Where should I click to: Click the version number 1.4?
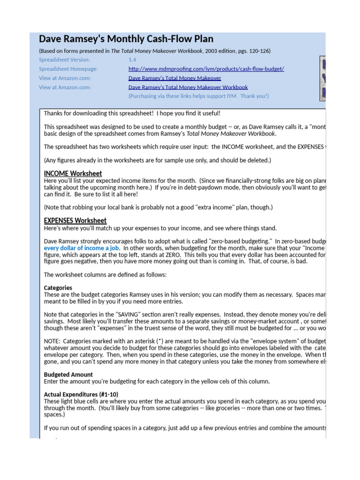tap(132, 60)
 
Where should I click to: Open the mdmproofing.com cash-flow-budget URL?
tap(206, 69)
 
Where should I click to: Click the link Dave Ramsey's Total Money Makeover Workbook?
tap(188, 87)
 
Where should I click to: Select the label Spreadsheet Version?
tap(64, 60)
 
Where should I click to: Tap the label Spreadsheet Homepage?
tap(68, 69)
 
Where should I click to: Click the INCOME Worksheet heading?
tap(73, 173)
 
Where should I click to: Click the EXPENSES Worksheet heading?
tap(75, 220)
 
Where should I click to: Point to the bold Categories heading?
tap(58, 288)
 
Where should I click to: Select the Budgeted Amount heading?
tap(68, 375)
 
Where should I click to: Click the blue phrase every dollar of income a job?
tap(82, 248)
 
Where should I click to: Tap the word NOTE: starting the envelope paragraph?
tap(52, 341)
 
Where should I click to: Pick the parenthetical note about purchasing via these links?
tap(199, 96)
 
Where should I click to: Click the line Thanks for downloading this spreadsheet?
tap(132, 113)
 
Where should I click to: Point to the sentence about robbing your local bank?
tap(158, 207)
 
